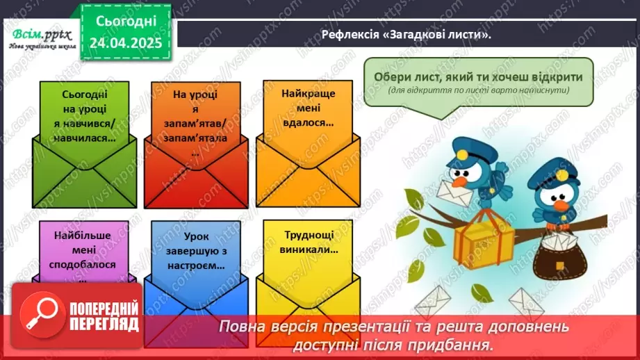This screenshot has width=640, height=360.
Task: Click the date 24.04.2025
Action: pyautogui.click(x=126, y=44)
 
